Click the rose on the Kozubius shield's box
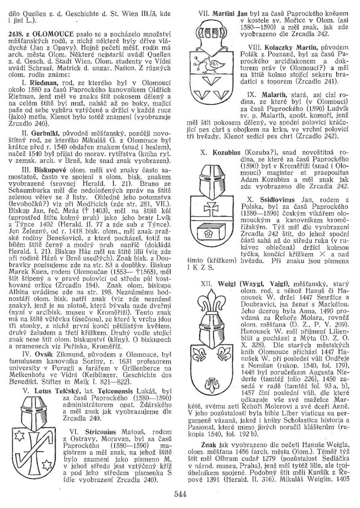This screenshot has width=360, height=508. pyautogui.click(x=208, y=233)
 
